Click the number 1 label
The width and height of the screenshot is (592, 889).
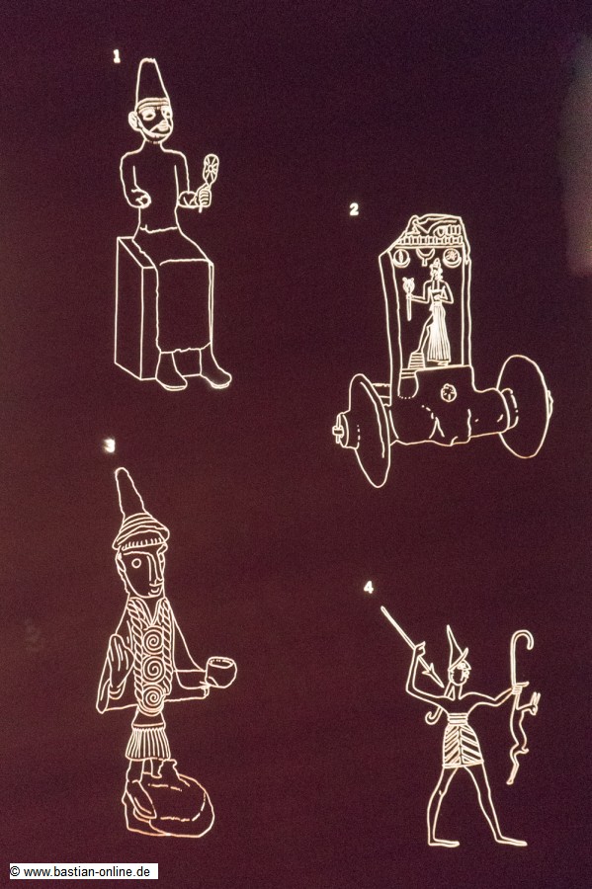(x=117, y=56)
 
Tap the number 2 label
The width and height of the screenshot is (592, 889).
(x=354, y=209)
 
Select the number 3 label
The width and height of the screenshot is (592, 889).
(x=110, y=445)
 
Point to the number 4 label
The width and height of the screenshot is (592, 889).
(x=369, y=587)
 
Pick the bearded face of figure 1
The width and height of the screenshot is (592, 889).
(x=154, y=121)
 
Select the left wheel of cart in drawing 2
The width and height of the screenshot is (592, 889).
(x=370, y=431)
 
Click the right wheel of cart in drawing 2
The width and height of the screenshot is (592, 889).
(x=524, y=406)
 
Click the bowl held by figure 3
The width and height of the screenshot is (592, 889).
(x=220, y=671)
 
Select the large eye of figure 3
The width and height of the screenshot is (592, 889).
(x=136, y=564)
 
